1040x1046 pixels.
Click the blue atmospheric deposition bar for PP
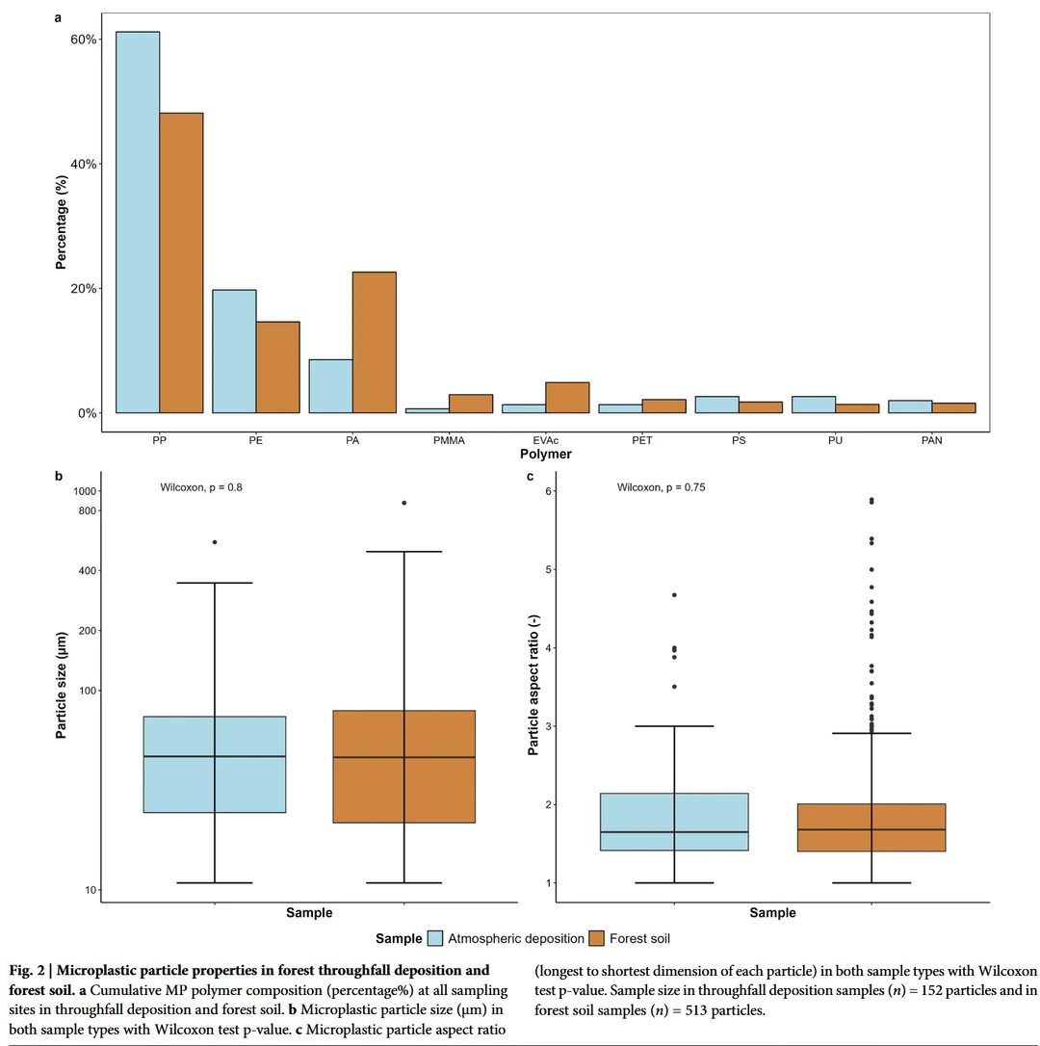tap(138, 222)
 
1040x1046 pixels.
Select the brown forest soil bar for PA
tap(374, 342)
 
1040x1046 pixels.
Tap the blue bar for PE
tap(234, 351)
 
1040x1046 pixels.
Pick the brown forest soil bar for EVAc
tap(567, 397)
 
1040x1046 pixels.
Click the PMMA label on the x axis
tap(449, 440)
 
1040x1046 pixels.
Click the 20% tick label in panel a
tap(84, 289)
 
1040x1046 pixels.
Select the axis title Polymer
tap(545, 454)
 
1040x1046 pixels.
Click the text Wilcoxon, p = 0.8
tap(201, 487)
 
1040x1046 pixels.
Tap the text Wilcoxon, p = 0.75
tap(662, 487)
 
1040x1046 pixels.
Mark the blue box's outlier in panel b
tap(215, 542)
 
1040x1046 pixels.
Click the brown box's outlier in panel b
tap(404, 503)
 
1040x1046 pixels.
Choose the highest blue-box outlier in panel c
tap(674, 595)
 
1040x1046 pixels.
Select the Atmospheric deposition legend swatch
tap(435, 938)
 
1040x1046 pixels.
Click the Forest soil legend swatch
tap(596, 938)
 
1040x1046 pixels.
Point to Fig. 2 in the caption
tap(28, 970)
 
